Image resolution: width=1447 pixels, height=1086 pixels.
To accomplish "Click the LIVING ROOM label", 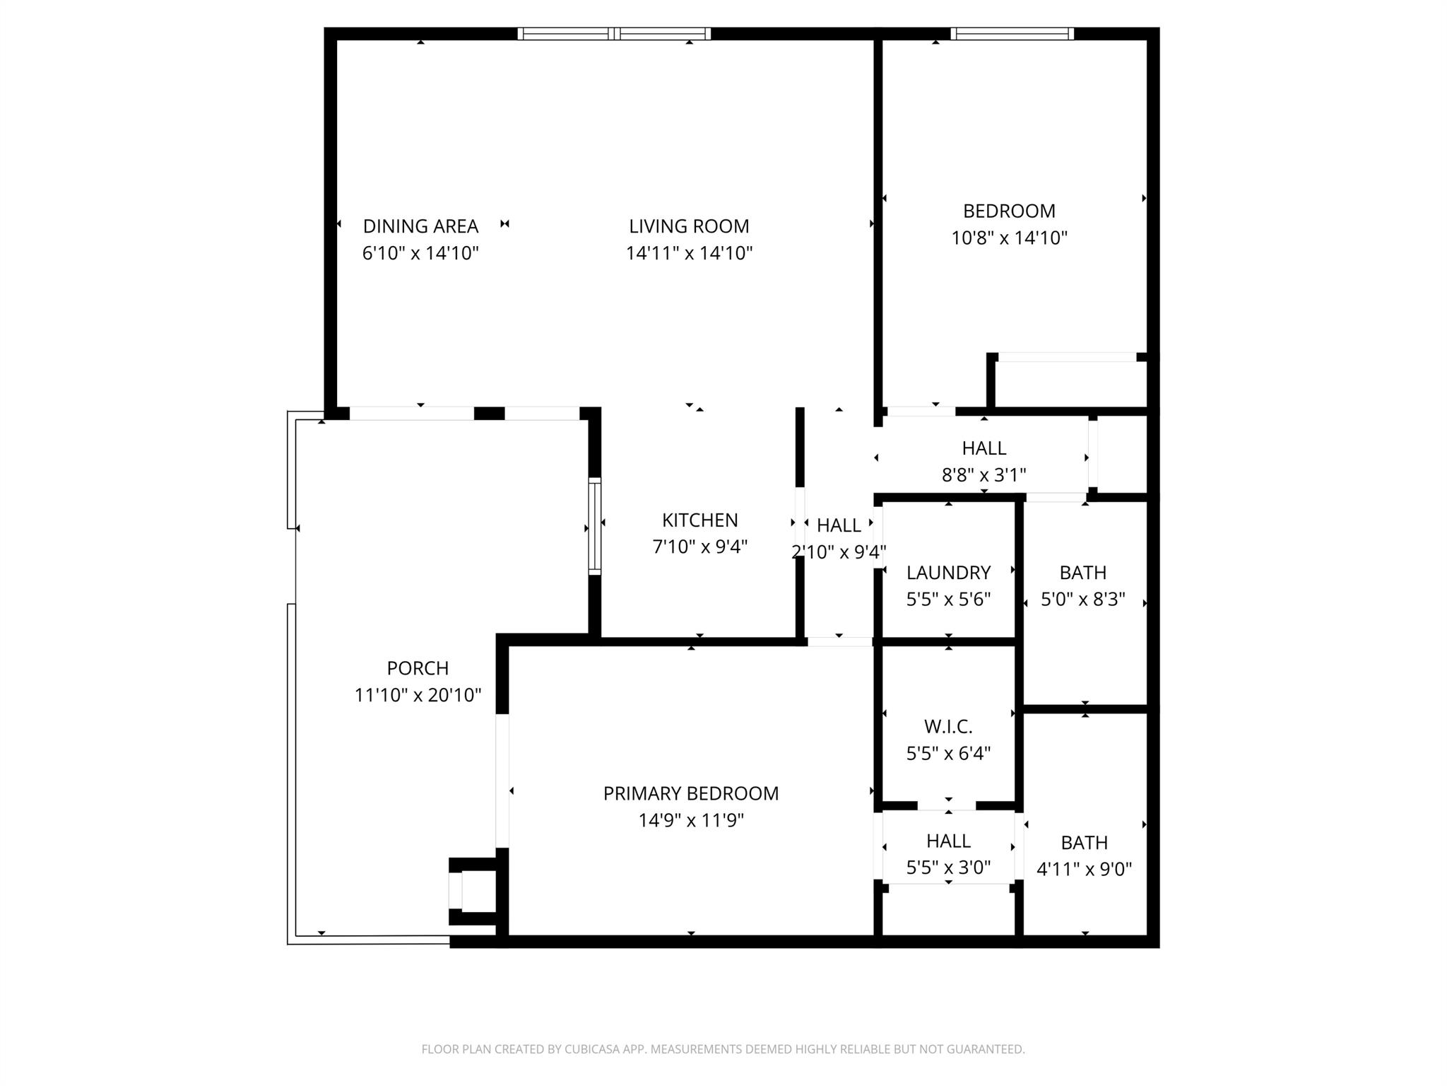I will pyautogui.click(x=689, y=226).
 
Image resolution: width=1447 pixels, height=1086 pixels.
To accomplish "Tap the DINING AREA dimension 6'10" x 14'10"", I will pyautogui.click(x=420, y=253).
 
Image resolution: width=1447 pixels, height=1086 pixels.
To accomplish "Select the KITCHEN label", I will pyautogui.click(x=699, y=520).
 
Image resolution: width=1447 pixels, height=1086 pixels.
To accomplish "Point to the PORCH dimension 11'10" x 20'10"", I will pyautogui.click(x=418, y=695).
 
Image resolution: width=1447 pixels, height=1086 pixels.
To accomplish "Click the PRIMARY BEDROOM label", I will pyautogui.click(x=690, y=793).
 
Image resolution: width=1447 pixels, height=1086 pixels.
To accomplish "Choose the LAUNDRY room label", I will pyautogui.click(x=948, y=573).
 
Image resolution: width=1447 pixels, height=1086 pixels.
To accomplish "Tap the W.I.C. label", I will pyautogui.click(x=948, y=726).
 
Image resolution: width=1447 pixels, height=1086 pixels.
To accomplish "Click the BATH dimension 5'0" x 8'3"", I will pyautogui.click(x=1082, y=600).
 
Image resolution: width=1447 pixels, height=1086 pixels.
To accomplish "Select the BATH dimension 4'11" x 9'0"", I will pyautogui.click(x=1084, y=869).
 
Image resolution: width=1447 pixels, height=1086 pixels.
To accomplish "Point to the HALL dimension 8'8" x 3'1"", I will pyautogui.click(x=984, y=475).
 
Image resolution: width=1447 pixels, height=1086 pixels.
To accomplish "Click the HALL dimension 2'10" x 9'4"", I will pyautogui.click(x=839, y=552).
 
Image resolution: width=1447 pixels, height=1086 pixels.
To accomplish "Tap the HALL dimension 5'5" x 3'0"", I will pyautogui.click(x=948, y=868).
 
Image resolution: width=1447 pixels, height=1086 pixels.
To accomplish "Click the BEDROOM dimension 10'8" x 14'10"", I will pyautogui.click(x=1009, y=238).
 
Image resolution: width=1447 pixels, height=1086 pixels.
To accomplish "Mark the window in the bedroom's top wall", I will pyautogui.click(x=1012, y=33).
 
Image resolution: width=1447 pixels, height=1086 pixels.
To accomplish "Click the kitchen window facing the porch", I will pyautogui.click(x=595, y=526).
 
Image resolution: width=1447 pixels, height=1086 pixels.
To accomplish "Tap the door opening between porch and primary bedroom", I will pyautogui.click(x=502, y=781).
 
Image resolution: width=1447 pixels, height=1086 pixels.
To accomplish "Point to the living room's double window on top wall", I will pyautogui.click(x=614, y=33).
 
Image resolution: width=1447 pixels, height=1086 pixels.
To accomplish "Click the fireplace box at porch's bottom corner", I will pyautogui.click(x=472, y=891).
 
